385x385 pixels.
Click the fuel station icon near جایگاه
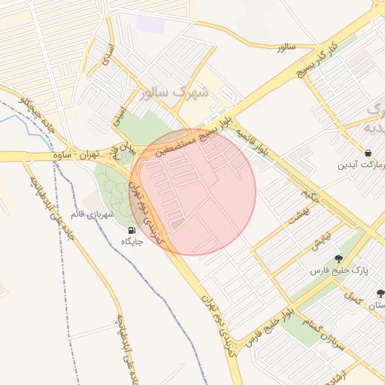132,230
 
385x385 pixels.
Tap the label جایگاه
132,241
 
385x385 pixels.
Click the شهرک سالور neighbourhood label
174,93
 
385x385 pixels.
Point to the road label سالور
286,47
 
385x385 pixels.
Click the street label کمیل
350,295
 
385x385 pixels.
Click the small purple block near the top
150,24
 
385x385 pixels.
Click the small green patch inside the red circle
177,224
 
